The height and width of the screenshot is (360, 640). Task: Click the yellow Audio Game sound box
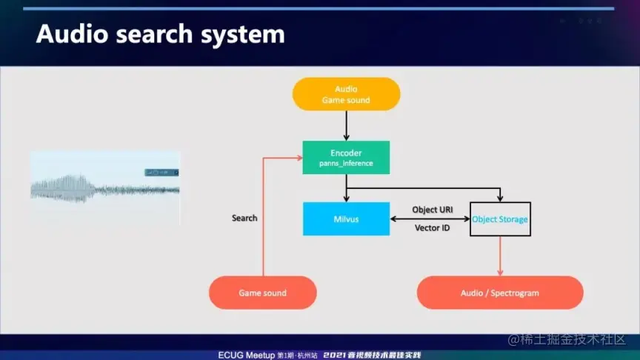[x=346, y=94]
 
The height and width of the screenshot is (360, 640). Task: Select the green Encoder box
[x=346, y=158]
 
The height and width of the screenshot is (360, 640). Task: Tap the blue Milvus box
[x=346, y=219]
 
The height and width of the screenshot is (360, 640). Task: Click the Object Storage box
[x=500, y=219]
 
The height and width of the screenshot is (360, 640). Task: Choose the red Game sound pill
[x=262, y=293]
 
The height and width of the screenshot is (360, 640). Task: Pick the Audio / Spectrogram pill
[x=500, y=293]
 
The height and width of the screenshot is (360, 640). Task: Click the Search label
[x=244, y=218]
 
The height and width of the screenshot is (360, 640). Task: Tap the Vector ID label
[x=432, y=228]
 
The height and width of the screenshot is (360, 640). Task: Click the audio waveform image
[x=104, y=187]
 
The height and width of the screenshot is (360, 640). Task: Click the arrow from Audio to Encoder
[x=346, y=125]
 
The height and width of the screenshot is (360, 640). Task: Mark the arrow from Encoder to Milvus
[x=346, y=187]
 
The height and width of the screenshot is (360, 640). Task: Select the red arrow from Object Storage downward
[x=500, y=256]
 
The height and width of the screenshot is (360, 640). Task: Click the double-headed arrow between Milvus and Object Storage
[x=430, y=219]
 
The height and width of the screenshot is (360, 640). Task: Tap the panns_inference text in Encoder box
[x=346, y=163]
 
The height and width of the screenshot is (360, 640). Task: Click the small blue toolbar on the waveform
[x=161, y=173]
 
